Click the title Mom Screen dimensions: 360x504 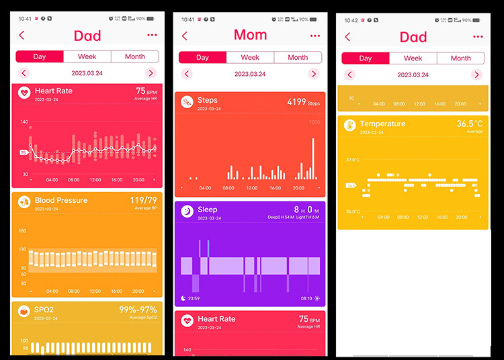(x=250, y=35)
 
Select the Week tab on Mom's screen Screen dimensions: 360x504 (x=250, y=57)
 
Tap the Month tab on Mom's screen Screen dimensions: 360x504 (x=298, y=57)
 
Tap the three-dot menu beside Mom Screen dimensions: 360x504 (x=315, y=36)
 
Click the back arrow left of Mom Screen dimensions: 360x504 (x=185, y=36)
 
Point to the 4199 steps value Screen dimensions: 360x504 (x=296, y=102)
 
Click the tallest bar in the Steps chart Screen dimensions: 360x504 (x=313, y=159)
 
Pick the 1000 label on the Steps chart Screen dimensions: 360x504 (x=314, y=122)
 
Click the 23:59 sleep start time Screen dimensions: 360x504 (x=195, y=298)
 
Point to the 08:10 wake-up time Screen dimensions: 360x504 (x=306, y=298)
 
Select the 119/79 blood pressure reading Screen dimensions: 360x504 (x=143, y=200)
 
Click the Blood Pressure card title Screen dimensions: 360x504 (x=62, y=200)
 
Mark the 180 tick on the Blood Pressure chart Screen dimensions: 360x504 (x=23, y=231)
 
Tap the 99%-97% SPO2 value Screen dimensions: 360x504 (x=138, y=310)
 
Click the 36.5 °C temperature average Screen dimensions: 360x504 (x=470, y=124)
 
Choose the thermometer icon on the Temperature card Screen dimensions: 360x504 (x=349, y=126)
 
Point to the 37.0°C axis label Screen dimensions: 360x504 (x=353, y=160)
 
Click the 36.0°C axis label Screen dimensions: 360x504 (x=353, y=212)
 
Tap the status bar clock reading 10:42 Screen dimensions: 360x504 (x=351, y=19)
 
